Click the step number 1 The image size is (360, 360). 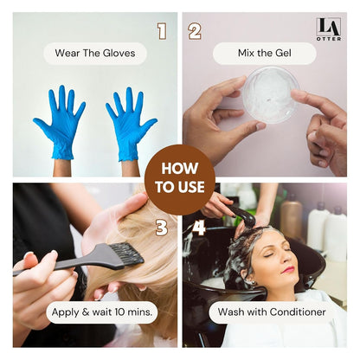(x=162, y=31)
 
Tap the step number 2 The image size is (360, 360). (x=195, y=31)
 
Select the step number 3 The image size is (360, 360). (x=162, y=228)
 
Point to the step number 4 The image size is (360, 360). (x=199, y=228)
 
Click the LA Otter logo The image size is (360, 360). (x=329, y=29)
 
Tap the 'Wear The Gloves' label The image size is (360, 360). (x=95, y=53)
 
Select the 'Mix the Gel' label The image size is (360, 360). (x=265, y=53)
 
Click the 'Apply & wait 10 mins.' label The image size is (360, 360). (x=102, y=312)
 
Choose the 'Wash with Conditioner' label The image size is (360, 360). (x=272, y=312)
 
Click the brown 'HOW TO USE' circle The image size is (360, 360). (x=180, y=180)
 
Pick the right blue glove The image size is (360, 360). (x=130, y=124)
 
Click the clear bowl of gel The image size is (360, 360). (x=271, y=95)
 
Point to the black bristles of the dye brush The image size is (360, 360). (x=128, y=254)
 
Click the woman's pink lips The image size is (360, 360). (x=287, y=270)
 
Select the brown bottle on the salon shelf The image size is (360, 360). (x=291, y=217)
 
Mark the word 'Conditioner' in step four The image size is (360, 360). (x=298, y=312)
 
